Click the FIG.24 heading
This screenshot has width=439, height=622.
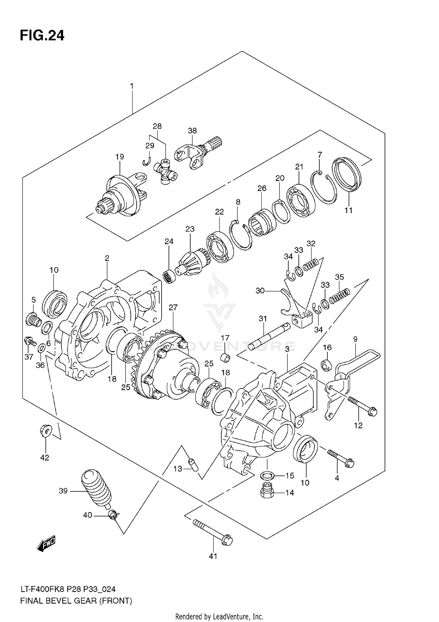[42, 36]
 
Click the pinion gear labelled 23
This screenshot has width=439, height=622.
[190, 262]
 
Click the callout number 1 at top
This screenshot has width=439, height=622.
[132, 86]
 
